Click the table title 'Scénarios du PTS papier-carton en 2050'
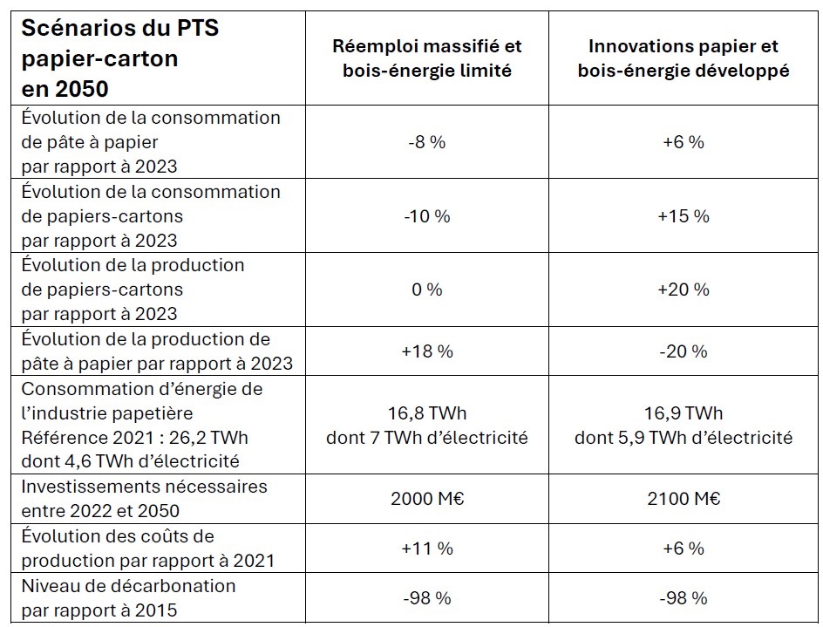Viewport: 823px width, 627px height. (119, 58)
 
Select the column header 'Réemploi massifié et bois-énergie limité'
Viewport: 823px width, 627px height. (426, 58)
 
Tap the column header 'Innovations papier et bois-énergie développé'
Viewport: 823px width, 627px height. (684, 58)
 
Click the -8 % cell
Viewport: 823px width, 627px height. (426, 142)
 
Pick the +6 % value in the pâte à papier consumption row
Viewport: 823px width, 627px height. (684, 142)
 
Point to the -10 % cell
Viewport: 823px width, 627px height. (426, 215)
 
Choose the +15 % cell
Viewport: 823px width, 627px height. (684, 215)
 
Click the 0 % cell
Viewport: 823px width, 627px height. (426, 289)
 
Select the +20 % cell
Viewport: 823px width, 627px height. (684, 289)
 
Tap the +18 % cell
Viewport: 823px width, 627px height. (426, 351)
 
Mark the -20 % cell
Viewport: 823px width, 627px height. (684, 351)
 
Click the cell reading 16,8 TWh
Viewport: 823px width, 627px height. (426, 413)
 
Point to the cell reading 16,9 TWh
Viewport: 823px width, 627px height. (684, 413)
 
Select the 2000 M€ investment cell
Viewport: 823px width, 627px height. (426, 499)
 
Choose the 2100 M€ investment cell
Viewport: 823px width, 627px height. (684, 499)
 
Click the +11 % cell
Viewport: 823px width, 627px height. (426, 548)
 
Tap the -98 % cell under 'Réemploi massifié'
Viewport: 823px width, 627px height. (426, 597)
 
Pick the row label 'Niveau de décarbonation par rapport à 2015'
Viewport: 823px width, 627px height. (128, 597)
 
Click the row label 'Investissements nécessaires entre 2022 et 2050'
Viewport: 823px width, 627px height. (144, 499)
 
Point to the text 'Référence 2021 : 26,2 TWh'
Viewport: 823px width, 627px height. (134, 438)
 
